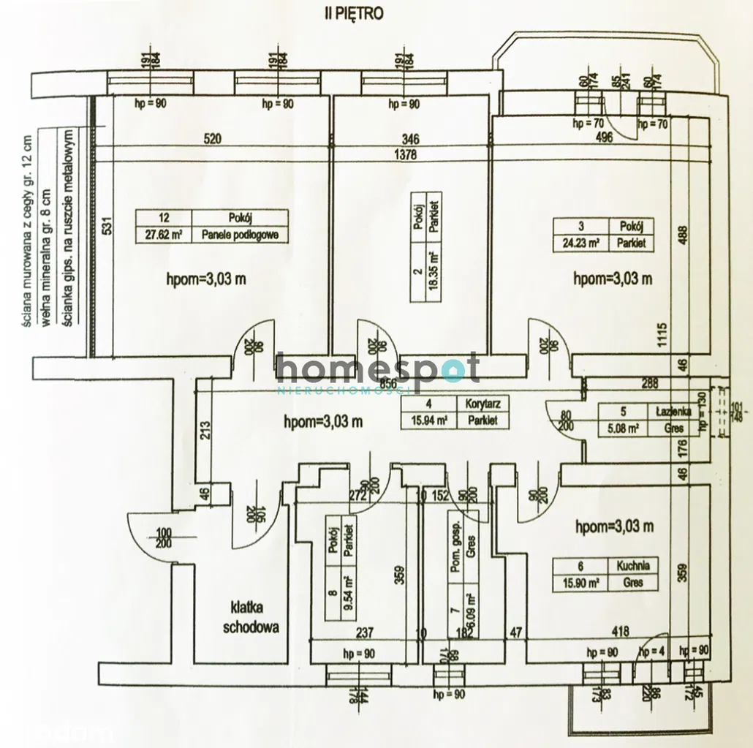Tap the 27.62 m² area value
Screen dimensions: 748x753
[x=164, y=235]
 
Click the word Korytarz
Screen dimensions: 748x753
[x=482, y=404]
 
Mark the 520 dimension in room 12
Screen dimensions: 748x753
[x=212, y=138]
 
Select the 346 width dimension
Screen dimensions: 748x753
[x=410, y=138]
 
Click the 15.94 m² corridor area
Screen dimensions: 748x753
[x=428, y=420]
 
